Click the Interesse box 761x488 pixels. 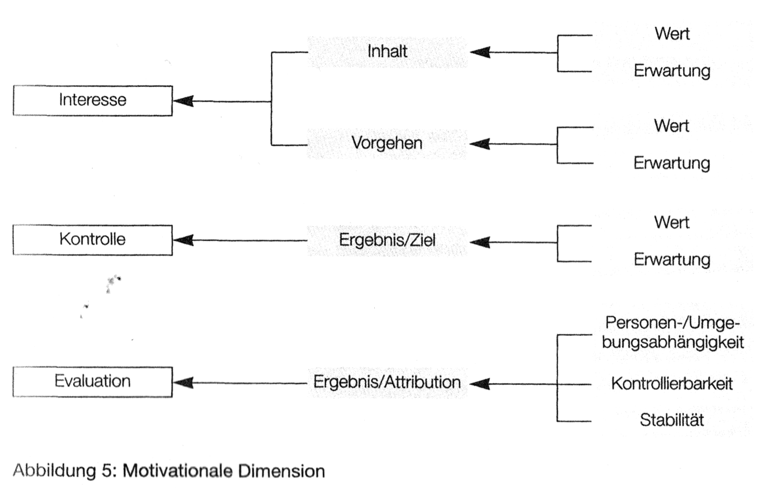pos(92,100)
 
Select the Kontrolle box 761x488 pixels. pos(92,240)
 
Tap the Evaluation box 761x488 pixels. pos(92,381)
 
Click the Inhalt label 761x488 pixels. pos(387,52)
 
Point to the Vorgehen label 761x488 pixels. pos(387,143)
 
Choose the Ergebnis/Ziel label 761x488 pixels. pos(387,241)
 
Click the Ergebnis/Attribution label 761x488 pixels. pos(387,382)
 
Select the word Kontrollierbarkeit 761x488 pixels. pos(672,384)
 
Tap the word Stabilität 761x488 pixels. pos(672,420)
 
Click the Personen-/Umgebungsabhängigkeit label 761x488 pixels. pos(672,332)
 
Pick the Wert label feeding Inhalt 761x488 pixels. pos(672,34)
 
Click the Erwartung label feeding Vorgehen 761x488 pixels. pos(672,164)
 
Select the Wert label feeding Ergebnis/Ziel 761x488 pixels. pos(672,223)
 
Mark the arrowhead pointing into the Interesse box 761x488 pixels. pos(182,101)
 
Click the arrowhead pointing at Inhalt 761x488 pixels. pos(480,52)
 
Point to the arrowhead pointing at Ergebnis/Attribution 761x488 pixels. pos(480,384)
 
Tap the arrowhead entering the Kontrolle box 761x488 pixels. pos(182,240)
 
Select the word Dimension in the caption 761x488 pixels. pos(281,471)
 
